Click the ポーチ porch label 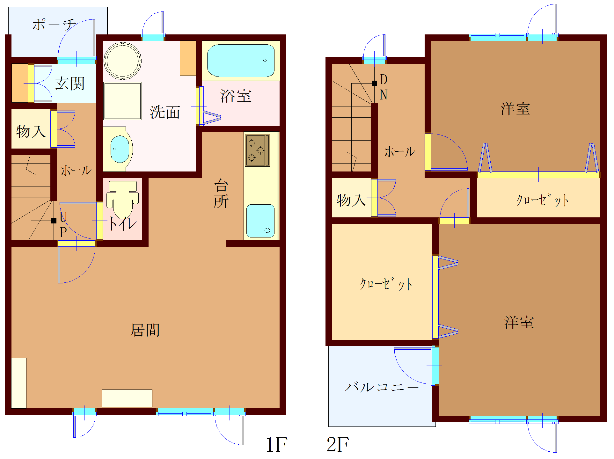(54, 25)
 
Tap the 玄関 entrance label (70, 84)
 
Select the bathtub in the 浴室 (241, 61)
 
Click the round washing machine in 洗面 (122, 60)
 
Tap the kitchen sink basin (260, 221)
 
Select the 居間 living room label (145, 330)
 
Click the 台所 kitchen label (221, 193)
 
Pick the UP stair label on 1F (63, 225)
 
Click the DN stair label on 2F (384, 87)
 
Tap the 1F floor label (276, 445)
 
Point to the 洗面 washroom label (165, 112)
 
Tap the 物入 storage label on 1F (31, 131)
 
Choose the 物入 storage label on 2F (351, 200)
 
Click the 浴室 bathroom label (236, 96)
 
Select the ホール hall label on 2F (400, 152)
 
